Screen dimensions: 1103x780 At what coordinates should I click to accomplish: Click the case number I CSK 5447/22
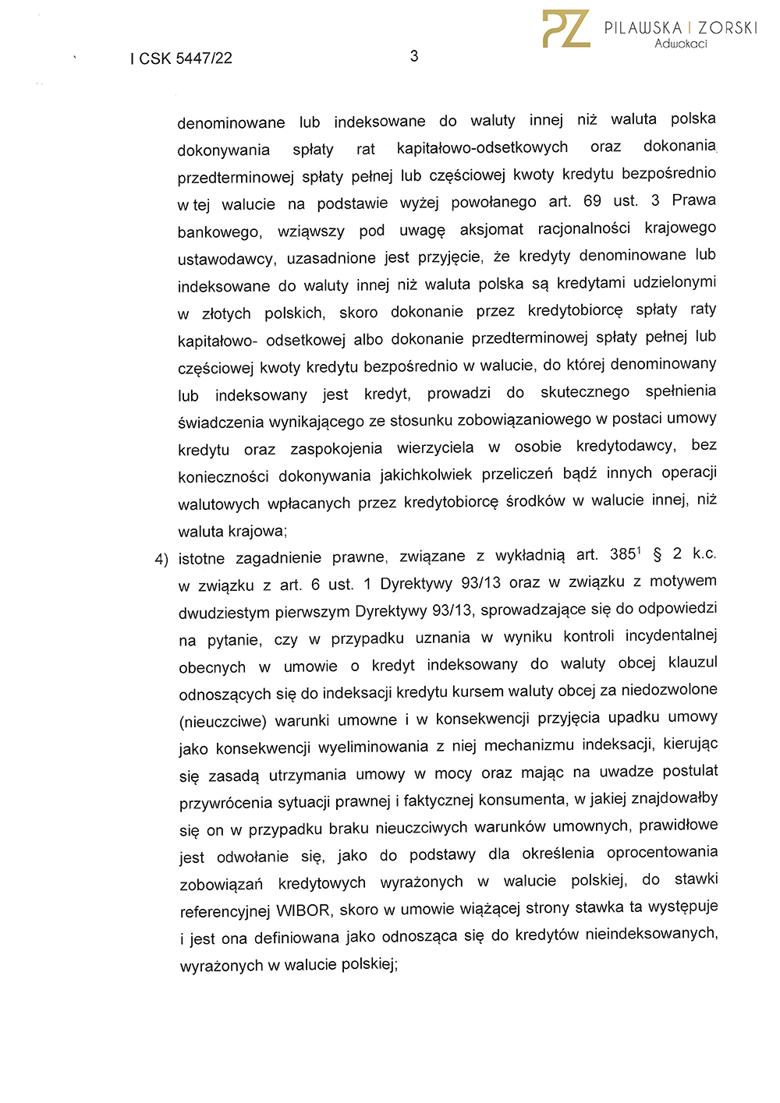tap(181, 58)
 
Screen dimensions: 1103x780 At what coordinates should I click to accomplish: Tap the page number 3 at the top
tap(414, 56)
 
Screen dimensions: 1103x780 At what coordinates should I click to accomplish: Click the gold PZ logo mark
tap(566, 30)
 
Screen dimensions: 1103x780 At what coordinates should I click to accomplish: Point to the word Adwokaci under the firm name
tap(681, 44)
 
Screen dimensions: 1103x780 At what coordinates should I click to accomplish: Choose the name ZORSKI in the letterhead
tap(728, 28)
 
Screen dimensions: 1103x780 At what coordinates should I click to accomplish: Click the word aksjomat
tap(491, 229)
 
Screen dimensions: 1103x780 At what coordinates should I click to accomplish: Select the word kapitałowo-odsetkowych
tap(482, 147)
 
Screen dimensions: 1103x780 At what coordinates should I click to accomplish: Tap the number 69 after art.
tap(592, 201)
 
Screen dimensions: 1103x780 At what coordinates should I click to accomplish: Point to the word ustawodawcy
tap(226, 258)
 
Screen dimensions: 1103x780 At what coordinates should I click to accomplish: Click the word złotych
tap(226, 313)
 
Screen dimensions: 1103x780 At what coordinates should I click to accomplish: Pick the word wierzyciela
tap(435, 448)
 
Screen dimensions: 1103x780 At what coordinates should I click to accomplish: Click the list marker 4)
tap(161, 559)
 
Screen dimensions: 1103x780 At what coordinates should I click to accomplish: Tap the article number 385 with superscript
tap(624, 554)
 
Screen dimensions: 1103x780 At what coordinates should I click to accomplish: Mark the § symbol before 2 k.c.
tap(657, 554)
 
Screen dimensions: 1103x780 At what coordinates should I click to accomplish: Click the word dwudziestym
tap(224, 612)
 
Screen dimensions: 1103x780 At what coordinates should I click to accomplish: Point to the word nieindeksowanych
tap(651, 934)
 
